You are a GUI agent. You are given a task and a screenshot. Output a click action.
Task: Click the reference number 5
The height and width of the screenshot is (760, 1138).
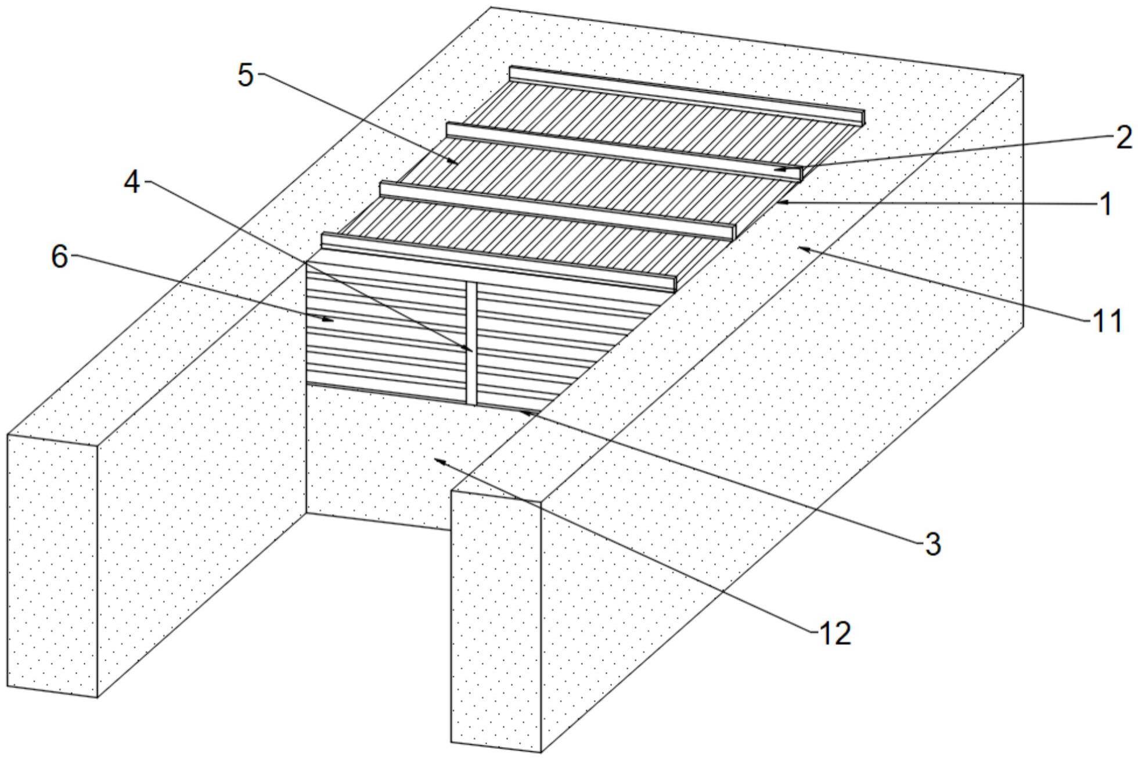pos(246,76)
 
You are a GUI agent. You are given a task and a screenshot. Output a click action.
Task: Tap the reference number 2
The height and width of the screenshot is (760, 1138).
pos(1123,138)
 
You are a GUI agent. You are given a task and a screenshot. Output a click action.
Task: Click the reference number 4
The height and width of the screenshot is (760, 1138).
pos(132,184)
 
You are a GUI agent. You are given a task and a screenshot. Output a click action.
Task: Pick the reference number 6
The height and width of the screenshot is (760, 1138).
pos(60,256)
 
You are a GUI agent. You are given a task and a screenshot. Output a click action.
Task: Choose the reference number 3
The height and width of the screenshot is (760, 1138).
pos(931,544)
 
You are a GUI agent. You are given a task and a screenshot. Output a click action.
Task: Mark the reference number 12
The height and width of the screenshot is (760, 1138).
pos(834,633)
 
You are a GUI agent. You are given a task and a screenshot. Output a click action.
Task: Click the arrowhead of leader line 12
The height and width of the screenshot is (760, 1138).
pos(437,460)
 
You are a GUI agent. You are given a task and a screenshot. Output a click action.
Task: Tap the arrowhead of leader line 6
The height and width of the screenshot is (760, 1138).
pos(333,319)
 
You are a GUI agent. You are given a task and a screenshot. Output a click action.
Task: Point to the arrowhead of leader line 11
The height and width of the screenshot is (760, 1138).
pos(800,248)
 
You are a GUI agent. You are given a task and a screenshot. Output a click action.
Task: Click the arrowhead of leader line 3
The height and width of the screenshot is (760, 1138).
pos(521,411)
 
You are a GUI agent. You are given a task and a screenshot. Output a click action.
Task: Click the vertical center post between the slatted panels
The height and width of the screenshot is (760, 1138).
pos(471,343)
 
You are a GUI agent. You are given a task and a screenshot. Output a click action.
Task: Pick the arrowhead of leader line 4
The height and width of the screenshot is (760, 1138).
pos(471,350)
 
